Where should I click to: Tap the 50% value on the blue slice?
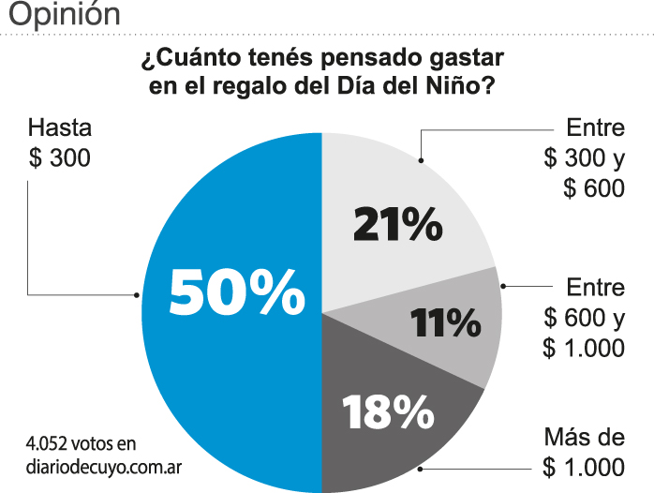pos(237,291)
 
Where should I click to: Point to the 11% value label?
pos(445,323)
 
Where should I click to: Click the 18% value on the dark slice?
pos(387,411)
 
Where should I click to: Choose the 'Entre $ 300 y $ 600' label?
pos(583,157)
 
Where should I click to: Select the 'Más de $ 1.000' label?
pos(583,453)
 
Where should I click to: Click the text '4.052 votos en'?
pos(82,442)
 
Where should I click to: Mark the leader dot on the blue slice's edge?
pos(137,294)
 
